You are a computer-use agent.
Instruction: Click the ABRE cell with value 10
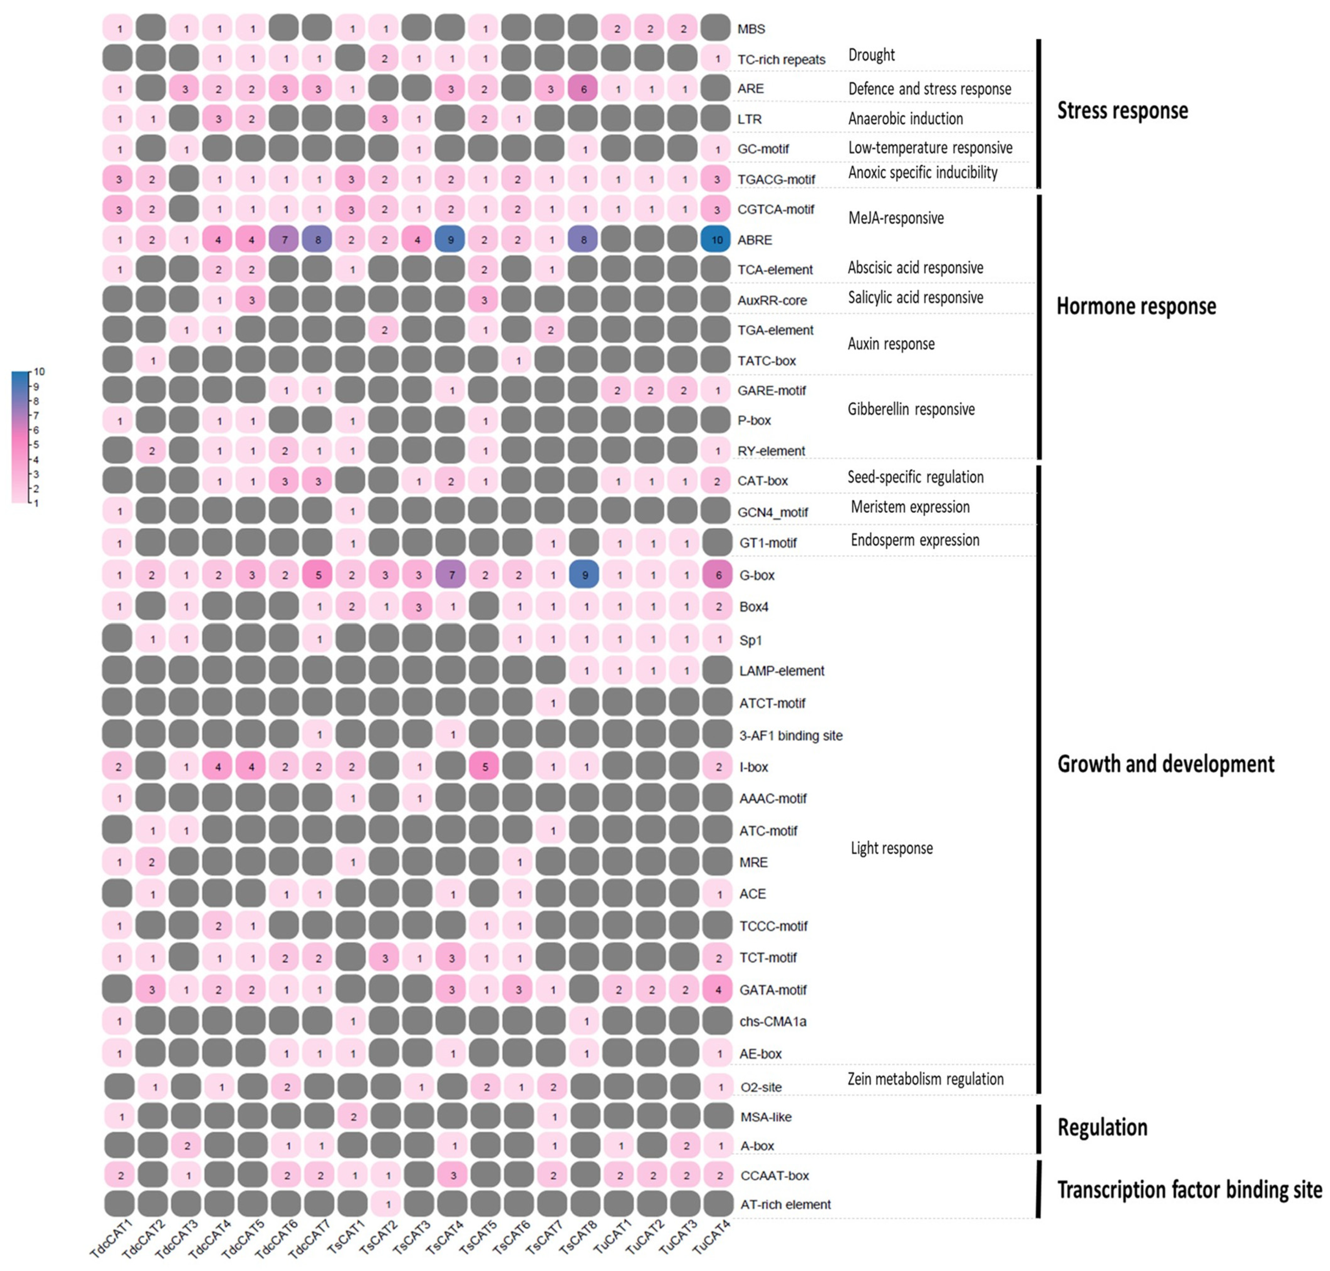point(717,239)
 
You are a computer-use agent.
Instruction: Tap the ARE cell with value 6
point(584,89)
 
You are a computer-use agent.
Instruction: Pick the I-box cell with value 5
point(484,766)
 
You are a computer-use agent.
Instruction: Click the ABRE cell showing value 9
point(451,239)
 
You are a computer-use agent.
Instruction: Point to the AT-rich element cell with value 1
point(387,1204)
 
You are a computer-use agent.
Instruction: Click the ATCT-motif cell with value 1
point(553,703)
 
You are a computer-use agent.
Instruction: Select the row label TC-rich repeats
point(781,60)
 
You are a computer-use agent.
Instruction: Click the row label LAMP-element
point(781,671)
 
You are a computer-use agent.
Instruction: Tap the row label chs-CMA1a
point(773,1021)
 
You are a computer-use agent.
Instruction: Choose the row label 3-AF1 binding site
point(790,735)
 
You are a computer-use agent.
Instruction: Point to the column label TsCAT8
point(578,1236)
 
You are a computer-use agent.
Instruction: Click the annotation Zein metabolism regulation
point(925,1078)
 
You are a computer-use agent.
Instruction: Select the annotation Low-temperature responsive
point(930,148)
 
